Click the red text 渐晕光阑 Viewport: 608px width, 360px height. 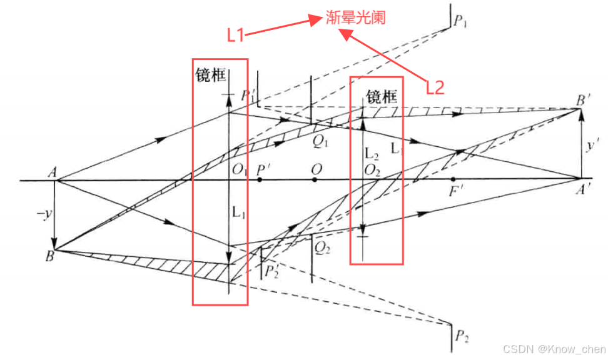coord(355,17)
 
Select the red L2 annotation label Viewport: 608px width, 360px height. coord(435,87)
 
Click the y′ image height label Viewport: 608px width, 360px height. coord(592,146)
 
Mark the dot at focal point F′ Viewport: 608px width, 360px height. coord(453,180)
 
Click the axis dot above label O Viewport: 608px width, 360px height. coord(315,180)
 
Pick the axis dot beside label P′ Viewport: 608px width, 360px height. coord(259,180)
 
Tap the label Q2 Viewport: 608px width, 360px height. coord(322,248)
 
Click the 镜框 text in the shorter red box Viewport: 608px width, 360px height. coord(382,97)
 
